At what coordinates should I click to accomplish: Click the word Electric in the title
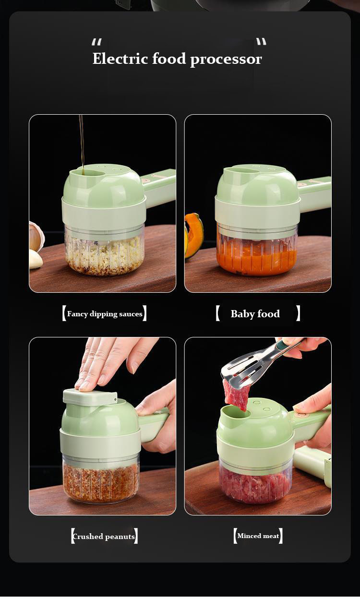pyautogui.click(x=120, y=59)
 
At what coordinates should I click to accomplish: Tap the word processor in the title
pyautogui.click(x=226, y=60)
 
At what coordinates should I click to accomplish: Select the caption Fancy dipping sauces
pyautogui.click(x=105, y=314)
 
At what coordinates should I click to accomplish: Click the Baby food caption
pyautogui.click(x=255, y=314)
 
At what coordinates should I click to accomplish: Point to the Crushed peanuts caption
pyautogui.click(x=104, y=537)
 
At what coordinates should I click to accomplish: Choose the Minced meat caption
pyautogui.click(x=258, y=536)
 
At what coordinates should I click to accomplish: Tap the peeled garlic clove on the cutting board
pyautogui.click(x=36, y=259)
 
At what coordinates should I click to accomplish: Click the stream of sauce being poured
pyautogui.click(x=82, y=144)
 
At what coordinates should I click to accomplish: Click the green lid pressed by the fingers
pyautogui.click(x=90, y=397)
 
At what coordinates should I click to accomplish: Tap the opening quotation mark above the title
pyautogui.click(x=96, y=42)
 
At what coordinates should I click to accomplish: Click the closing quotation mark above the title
pyautogui.click(x=261, y=42)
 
